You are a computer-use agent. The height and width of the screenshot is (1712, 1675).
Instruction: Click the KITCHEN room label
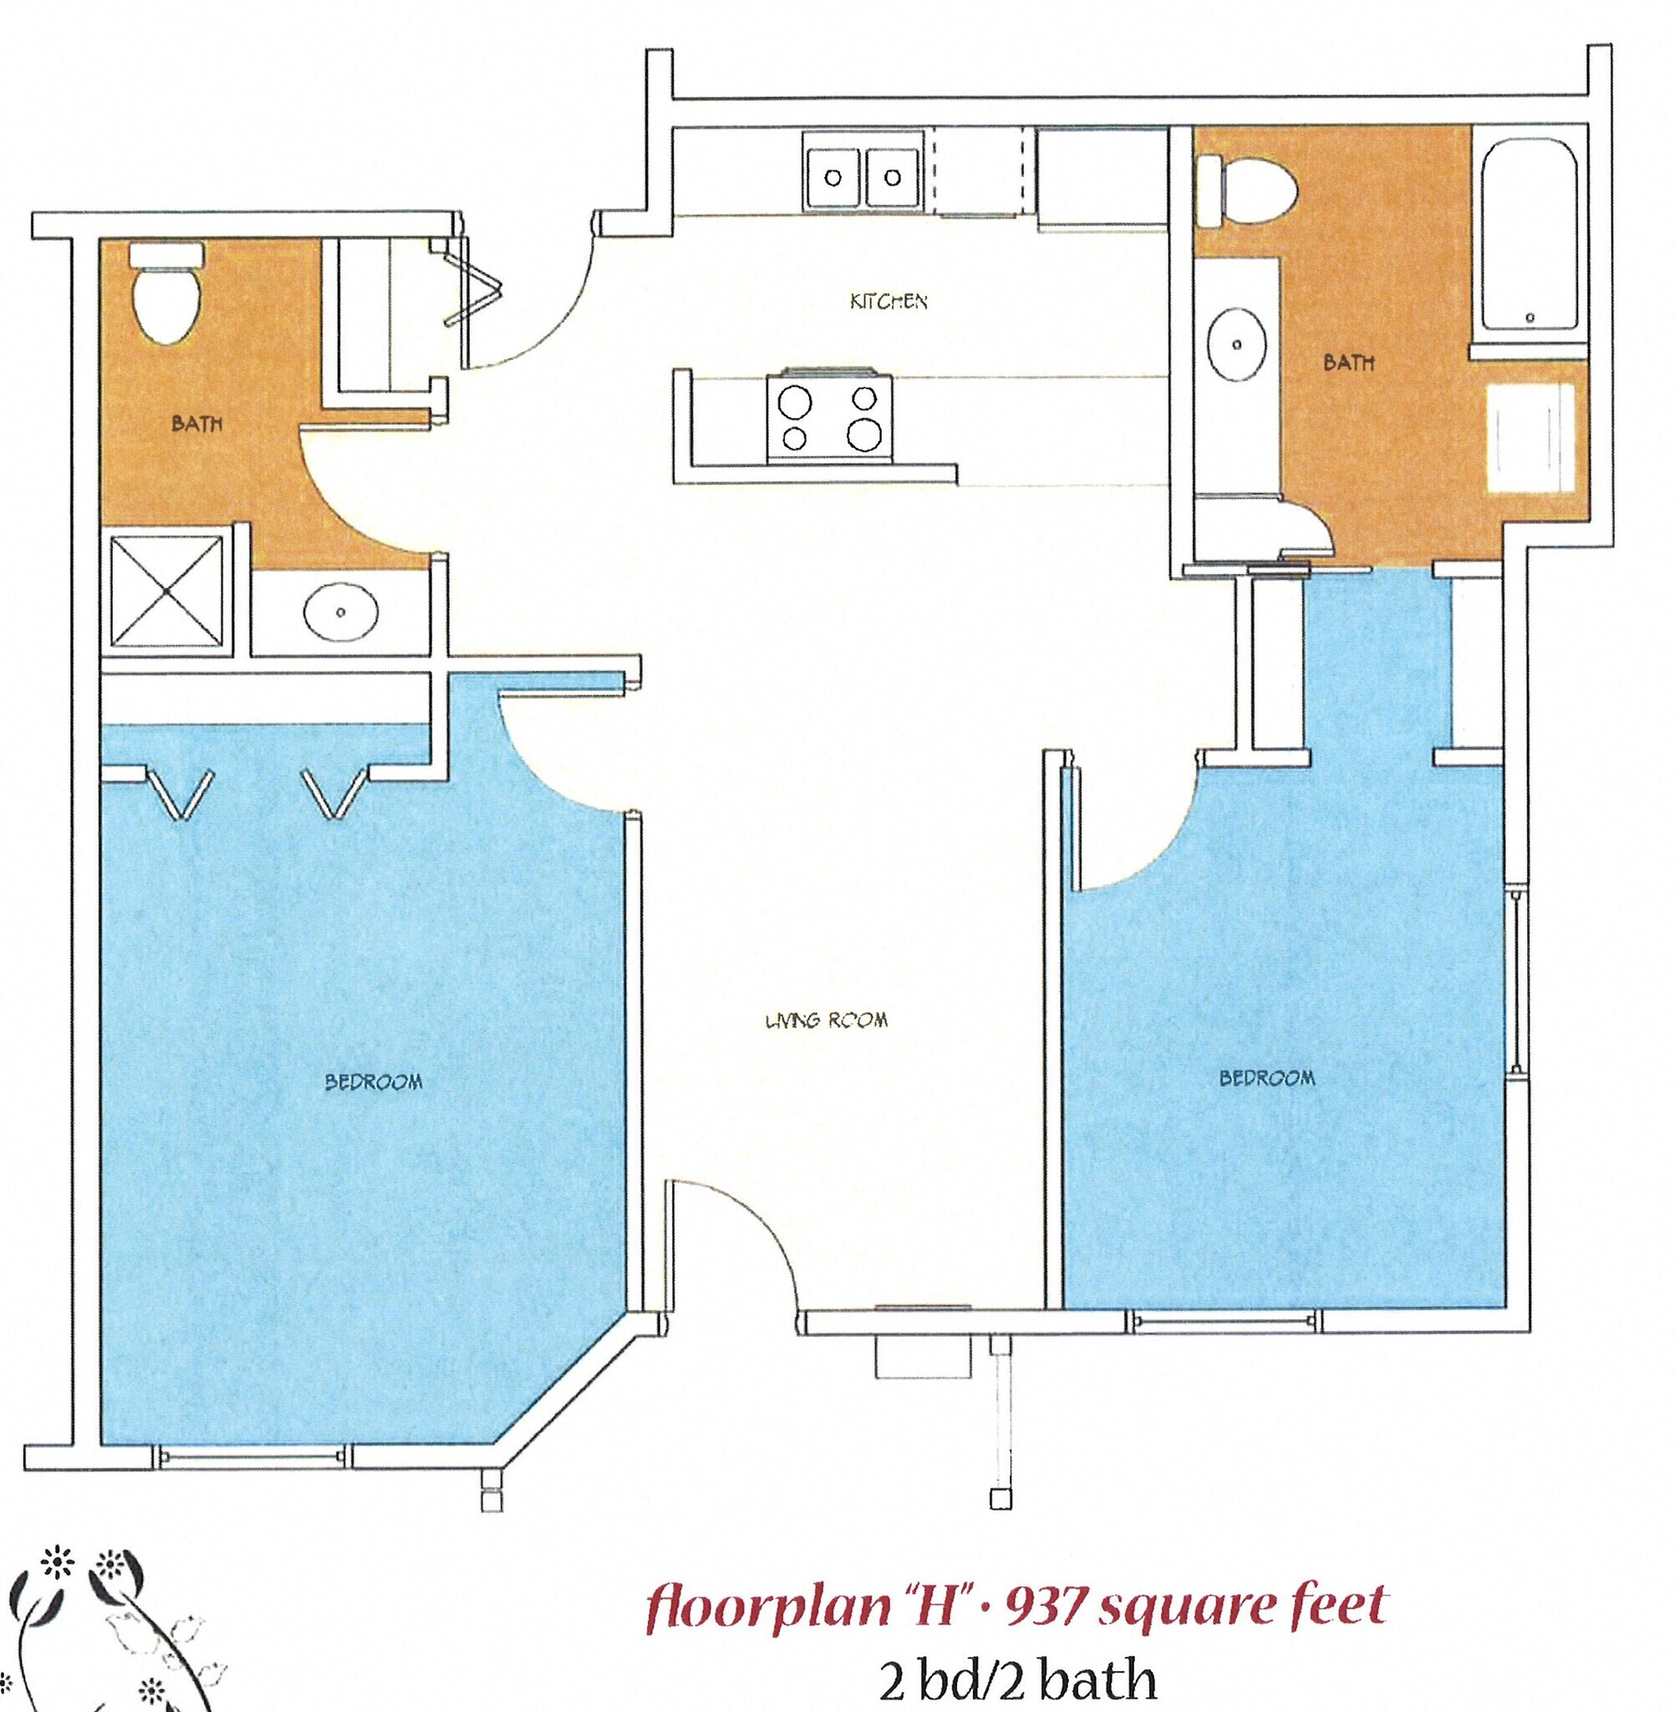[888, 302]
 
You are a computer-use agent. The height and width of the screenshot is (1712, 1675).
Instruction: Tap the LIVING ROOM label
[826, 1021]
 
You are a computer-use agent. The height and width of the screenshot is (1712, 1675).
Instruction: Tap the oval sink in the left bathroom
[341, 609]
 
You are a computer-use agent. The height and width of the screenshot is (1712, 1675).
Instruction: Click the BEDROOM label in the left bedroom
[374, 1082]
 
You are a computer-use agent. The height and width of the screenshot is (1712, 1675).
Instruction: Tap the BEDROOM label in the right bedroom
[1267, 1078]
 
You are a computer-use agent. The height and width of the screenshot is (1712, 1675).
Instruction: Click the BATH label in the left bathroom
[197, 424]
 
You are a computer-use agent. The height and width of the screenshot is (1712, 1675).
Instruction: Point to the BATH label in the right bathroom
[1349, 363]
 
